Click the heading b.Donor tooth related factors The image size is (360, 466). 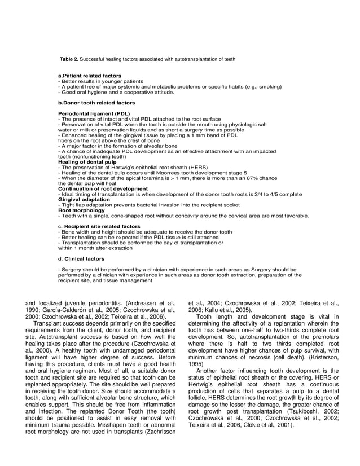(96, 103)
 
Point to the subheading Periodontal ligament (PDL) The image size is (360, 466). (94, 114)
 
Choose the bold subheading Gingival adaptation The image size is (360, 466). (84, 199)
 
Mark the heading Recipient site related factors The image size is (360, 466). (102, 226)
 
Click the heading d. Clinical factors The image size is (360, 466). (81, 259)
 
